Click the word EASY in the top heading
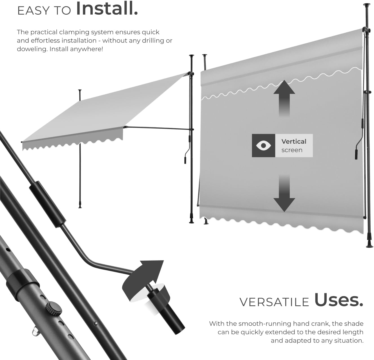pyautogui.click(x=34, y=11)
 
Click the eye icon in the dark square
pyautogui.click(x=264, y=146)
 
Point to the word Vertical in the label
pyautogui.click(x=294, y=141)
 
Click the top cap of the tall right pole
pyautogui.click(x=367, y=5)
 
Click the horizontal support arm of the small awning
pyautogui.click(x=158, y=128)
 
